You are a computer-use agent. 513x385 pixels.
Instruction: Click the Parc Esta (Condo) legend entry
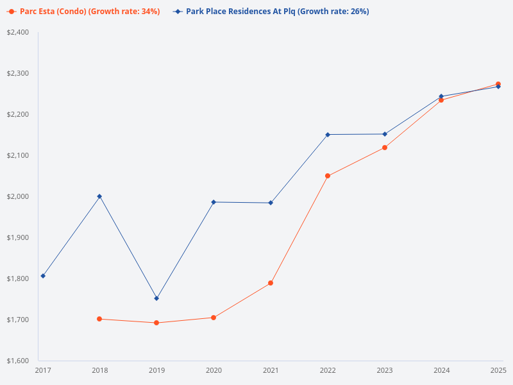click(x=83, y=12)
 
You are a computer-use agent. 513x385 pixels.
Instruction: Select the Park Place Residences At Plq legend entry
click(x=270, y=12)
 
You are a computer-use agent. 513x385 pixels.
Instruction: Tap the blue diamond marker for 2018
click(x=99, y=196)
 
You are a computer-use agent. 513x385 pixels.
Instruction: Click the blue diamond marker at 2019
click(x=156, y=298)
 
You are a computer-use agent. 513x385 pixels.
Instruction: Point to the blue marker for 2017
click(x=43, y=276)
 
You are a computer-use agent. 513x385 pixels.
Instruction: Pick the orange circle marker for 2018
click(x=99, y=319)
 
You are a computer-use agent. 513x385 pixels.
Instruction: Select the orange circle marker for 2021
click(x=271, y=283)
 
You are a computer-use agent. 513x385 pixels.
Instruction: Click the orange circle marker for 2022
click(x=328, y=176)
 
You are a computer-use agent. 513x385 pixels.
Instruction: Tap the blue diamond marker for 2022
click(x=328, y=135)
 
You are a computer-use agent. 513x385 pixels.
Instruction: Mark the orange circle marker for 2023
click(x=385, y=148)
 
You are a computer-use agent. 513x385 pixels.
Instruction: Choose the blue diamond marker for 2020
click(x=214, y=202)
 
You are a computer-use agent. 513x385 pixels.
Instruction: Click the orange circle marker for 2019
click(x=156, y=323)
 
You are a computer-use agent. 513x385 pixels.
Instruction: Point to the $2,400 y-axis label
click(x=19, y=33)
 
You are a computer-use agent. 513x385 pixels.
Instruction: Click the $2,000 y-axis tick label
click(x=19, y=196)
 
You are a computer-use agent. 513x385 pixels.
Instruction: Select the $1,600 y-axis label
click(x=19, y=361)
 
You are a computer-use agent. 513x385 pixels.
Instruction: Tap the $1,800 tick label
click(x=19, y=278)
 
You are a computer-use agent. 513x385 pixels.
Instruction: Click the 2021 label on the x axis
click(x=271, y=370)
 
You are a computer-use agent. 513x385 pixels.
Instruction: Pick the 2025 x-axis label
click(x=498, y=370)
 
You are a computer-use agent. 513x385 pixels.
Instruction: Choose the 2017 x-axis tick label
click(x=43, y=370)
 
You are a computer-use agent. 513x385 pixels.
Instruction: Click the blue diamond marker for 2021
click(x=271, y=203)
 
